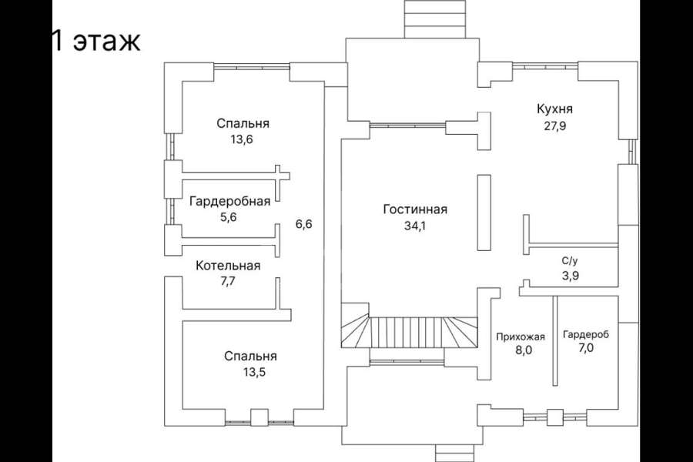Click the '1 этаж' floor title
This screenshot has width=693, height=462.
96,41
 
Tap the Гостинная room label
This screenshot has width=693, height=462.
415,209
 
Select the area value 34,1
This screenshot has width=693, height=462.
415,226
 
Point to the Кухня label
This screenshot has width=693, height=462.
554,109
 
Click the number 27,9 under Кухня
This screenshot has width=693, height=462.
554,126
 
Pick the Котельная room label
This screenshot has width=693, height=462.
228,265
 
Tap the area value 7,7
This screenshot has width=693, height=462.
228,282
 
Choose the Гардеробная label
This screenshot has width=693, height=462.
229,202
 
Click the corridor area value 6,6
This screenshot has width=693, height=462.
303,224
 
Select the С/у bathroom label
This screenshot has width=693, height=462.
569,261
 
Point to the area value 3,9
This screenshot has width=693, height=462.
570,276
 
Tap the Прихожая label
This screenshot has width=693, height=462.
521,337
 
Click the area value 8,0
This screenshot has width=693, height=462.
524,350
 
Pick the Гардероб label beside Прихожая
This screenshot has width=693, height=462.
586,334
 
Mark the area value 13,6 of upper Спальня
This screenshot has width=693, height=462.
243,139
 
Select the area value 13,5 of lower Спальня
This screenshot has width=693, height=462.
253,372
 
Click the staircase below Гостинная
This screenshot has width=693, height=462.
410,332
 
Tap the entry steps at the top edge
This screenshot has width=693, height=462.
435,19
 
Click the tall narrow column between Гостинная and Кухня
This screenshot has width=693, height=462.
484,213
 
